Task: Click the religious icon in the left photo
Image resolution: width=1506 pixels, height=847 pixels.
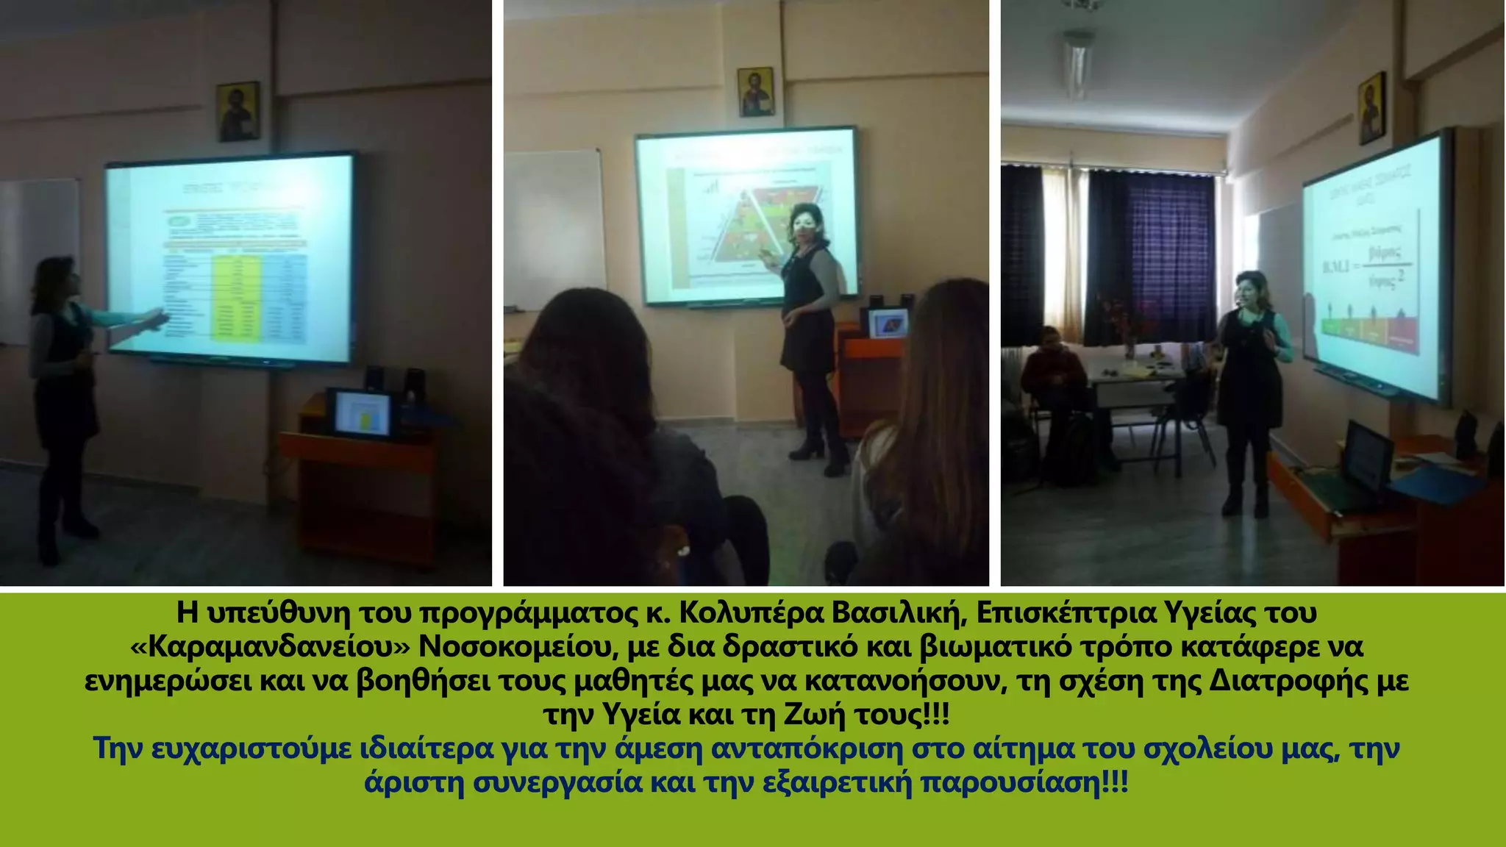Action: (x=238, y=111)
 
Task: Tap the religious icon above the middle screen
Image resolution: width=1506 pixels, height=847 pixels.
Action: (x=755, y=92)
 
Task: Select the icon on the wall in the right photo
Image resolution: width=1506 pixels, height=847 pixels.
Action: (x=1372, y=108)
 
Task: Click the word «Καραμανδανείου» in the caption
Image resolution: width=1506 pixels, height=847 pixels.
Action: (x=269, y=647)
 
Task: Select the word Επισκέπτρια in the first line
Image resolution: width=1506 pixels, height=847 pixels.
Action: (x=1065, y=612)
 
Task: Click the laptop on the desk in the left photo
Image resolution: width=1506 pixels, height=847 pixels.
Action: (x=361, y=414)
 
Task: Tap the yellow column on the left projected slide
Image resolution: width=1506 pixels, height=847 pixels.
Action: (x=235, y=298)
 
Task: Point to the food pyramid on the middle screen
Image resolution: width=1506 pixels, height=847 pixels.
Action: (x=743, y=228)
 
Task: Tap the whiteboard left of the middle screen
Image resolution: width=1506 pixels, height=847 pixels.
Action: (x=553, y=228)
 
